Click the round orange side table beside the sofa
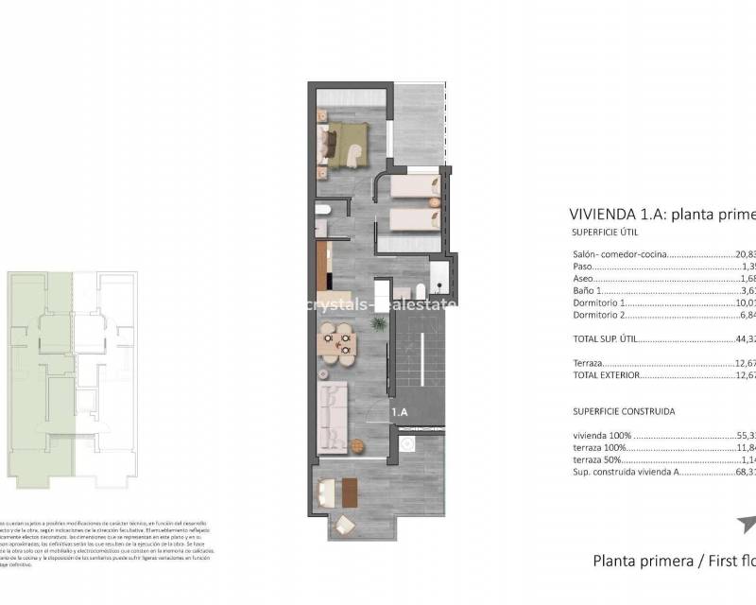click(357, 445)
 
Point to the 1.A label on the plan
click(401, 411)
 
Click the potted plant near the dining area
click(378, 324)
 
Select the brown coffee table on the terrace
click(349, 493)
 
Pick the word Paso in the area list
click(582, 267)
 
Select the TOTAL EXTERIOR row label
click(606, 375)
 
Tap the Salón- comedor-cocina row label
click(619, 254)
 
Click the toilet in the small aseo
click(322, 210)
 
